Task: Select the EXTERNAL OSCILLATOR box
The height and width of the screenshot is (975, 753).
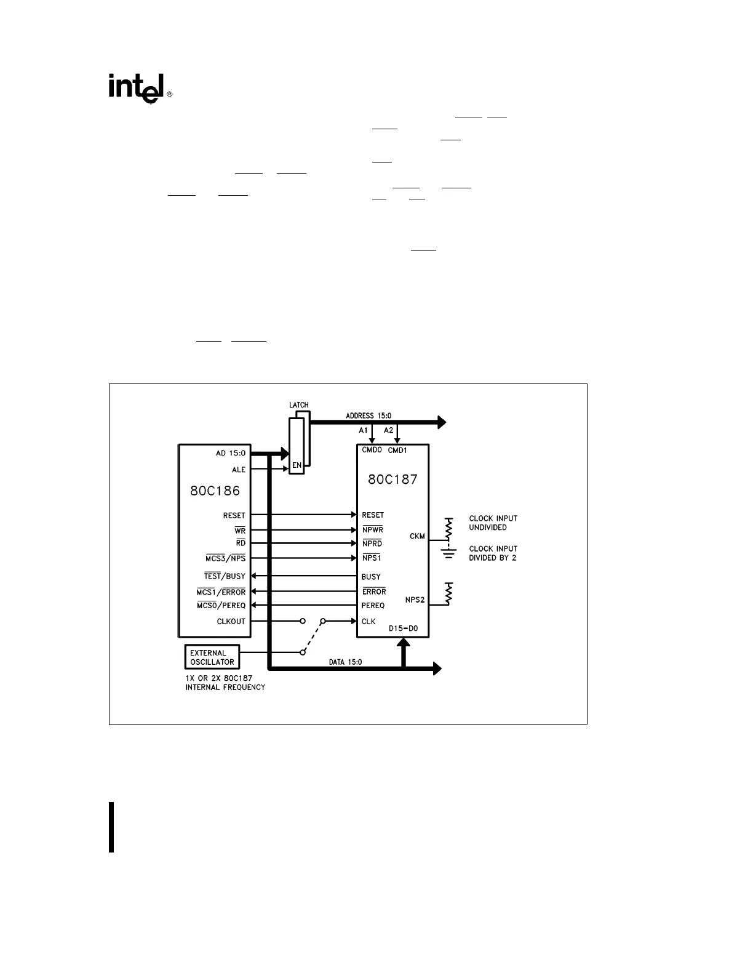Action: tap(212, 657)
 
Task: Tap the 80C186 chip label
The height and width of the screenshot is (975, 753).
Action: tap(215, 491)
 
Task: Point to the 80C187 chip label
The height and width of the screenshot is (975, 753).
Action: tap(392, 479)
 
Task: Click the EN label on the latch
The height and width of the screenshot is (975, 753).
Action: tap(297, 465)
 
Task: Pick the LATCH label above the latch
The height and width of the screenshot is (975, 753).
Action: tap(299, 405)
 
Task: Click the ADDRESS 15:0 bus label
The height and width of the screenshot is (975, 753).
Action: tap(369, 416)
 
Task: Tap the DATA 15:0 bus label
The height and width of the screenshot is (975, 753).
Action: tap(345, 662)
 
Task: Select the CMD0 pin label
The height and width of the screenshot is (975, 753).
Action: tap(372, 450)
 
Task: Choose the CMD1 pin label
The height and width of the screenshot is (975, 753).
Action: tap(397, 450)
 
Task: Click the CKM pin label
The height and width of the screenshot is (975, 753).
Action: tap(417, 536)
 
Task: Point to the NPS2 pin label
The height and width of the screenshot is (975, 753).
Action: tap(415, 600)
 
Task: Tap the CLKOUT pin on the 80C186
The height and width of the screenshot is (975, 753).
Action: tap(231, 622)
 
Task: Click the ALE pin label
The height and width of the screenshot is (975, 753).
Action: tap(239, 470)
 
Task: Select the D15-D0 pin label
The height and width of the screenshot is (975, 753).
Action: tap(404, 628)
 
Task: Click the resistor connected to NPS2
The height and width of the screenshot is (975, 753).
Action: tap(449, 593)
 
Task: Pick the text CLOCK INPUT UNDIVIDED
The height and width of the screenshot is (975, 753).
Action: tap(493, 523)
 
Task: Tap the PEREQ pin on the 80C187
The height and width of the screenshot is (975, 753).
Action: tap(373, 606)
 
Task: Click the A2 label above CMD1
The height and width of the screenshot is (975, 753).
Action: tap(389, 430)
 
